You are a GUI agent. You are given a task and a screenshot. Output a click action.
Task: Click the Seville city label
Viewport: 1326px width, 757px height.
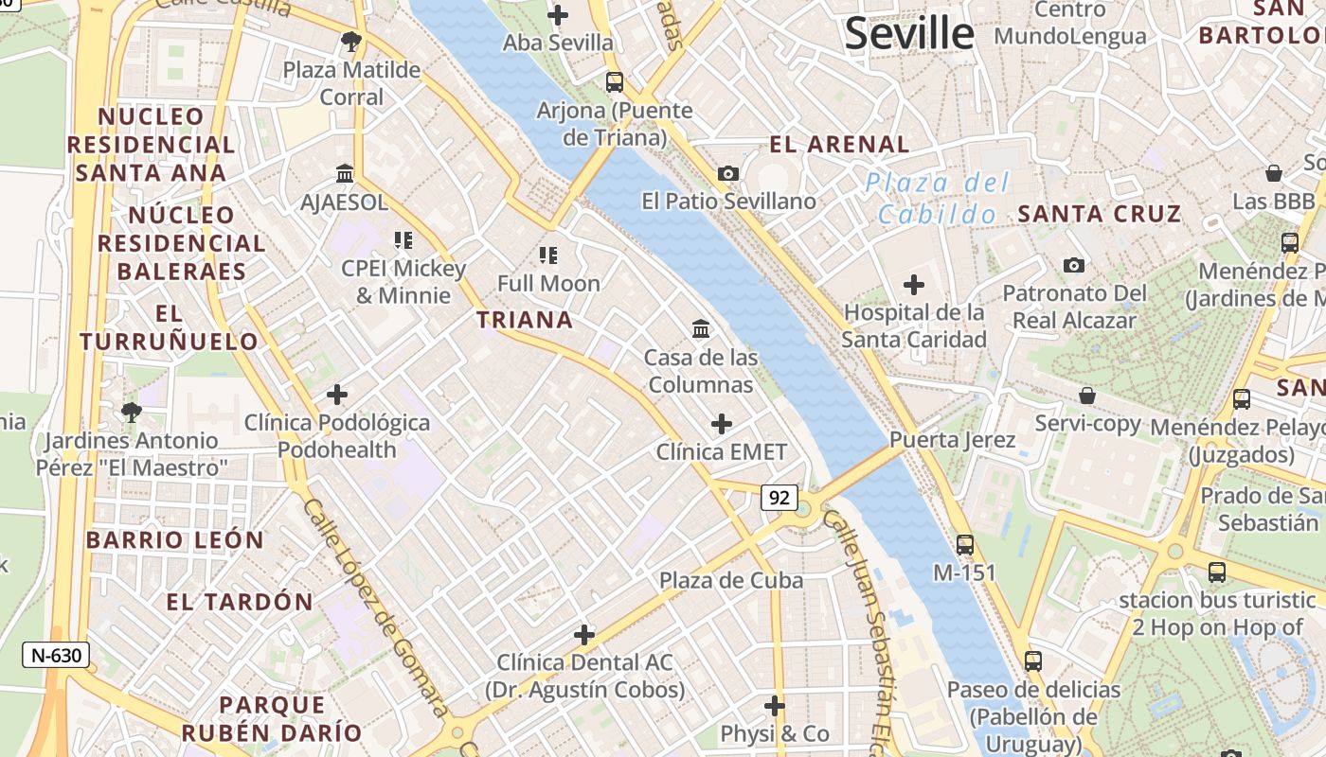point(909,34)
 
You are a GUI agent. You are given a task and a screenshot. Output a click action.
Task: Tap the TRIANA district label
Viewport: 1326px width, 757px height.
point(525,320)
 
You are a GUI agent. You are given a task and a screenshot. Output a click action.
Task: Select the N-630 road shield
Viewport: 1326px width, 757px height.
point(57,655)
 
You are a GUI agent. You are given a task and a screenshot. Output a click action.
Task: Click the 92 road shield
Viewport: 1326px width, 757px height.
point(779,497)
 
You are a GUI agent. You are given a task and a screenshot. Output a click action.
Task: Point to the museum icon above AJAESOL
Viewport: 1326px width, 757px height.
point(345,174)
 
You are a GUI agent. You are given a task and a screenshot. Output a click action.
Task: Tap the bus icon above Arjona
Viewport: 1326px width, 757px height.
point(614,82)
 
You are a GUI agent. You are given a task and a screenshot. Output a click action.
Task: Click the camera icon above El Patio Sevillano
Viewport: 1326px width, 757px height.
point(728,173)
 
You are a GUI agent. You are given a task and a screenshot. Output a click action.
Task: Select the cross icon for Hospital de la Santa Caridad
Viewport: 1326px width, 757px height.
point(914,284)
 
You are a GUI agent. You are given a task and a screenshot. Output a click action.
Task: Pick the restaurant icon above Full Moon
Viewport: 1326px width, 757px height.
point(548,255)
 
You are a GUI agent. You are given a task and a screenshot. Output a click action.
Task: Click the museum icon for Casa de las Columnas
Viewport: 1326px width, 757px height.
point(701,329)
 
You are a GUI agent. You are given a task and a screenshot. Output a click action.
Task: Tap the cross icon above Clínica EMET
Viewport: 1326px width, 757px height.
point(722,423)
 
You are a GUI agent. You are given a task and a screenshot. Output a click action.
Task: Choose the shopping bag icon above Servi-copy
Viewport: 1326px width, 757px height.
point(1087,395)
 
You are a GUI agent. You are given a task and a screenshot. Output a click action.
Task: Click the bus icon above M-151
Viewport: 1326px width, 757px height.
point(965,544)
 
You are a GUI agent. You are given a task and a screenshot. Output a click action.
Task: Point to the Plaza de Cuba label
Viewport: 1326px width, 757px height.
point(731,580)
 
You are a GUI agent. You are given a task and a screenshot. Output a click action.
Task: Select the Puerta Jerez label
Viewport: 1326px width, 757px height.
point(952,440)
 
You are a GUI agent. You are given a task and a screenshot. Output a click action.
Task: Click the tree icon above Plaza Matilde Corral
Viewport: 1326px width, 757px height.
point(351,41)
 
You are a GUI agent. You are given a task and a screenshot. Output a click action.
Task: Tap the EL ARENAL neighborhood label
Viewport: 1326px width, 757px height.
point(839,145)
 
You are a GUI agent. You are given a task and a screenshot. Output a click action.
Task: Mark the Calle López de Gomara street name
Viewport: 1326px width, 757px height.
point(375,607)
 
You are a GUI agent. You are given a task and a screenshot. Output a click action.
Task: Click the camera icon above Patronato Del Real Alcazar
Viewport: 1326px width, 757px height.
point(1073,265)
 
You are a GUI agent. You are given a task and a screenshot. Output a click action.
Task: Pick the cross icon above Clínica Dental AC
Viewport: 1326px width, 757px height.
point(584,634)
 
